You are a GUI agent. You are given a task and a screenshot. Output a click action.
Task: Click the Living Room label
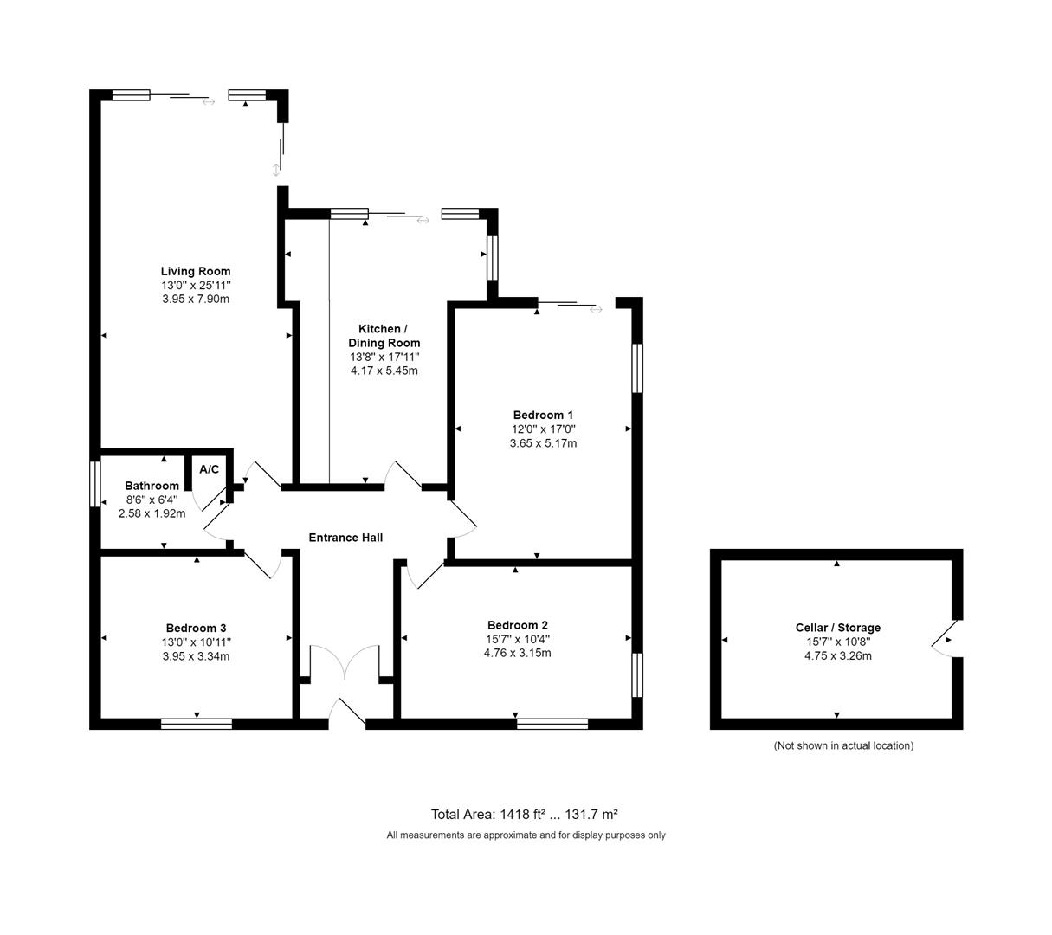click(x=196, y=271)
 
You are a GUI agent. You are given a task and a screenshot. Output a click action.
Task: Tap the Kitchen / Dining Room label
click(x=384, y=336)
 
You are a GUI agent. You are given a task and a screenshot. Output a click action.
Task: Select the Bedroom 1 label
click(x=543, y=415)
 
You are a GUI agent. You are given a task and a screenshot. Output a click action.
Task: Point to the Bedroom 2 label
click(x=517, y=625)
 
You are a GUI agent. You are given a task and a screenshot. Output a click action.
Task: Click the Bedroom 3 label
click(x=196, y=628)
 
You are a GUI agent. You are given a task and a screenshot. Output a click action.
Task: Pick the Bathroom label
click(x=152, y=486)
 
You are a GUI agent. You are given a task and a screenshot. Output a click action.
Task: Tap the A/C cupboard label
click(x=210, y=469)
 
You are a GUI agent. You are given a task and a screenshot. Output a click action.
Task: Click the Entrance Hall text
click(x=345, y=538)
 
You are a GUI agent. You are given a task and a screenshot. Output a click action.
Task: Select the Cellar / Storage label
click(x=837, y=628)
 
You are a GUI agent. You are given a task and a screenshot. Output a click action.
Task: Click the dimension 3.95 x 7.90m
click(x=196, y=299)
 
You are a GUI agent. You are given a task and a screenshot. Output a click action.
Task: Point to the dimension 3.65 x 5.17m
click(x=543, y=442)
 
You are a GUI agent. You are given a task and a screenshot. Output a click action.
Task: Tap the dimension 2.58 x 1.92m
click(x=152, y=513)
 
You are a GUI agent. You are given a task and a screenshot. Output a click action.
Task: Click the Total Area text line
click(x=524, y=814)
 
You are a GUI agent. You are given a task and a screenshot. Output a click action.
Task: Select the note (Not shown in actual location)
click(x=842, y=745)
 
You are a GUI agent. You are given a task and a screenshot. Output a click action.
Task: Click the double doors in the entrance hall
click(x=345, y=662)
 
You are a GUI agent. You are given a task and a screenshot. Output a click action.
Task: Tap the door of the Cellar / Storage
click(x=943, y=639)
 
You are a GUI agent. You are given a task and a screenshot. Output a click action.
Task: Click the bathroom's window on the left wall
click(x=95, y=483)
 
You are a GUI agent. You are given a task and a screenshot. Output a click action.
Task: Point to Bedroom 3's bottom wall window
click(x=197, y=724)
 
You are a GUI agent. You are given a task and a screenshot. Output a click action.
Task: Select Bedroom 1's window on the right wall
click(x=637, y=368)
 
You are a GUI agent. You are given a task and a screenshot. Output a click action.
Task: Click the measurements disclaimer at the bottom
click(x=526, y=835)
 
